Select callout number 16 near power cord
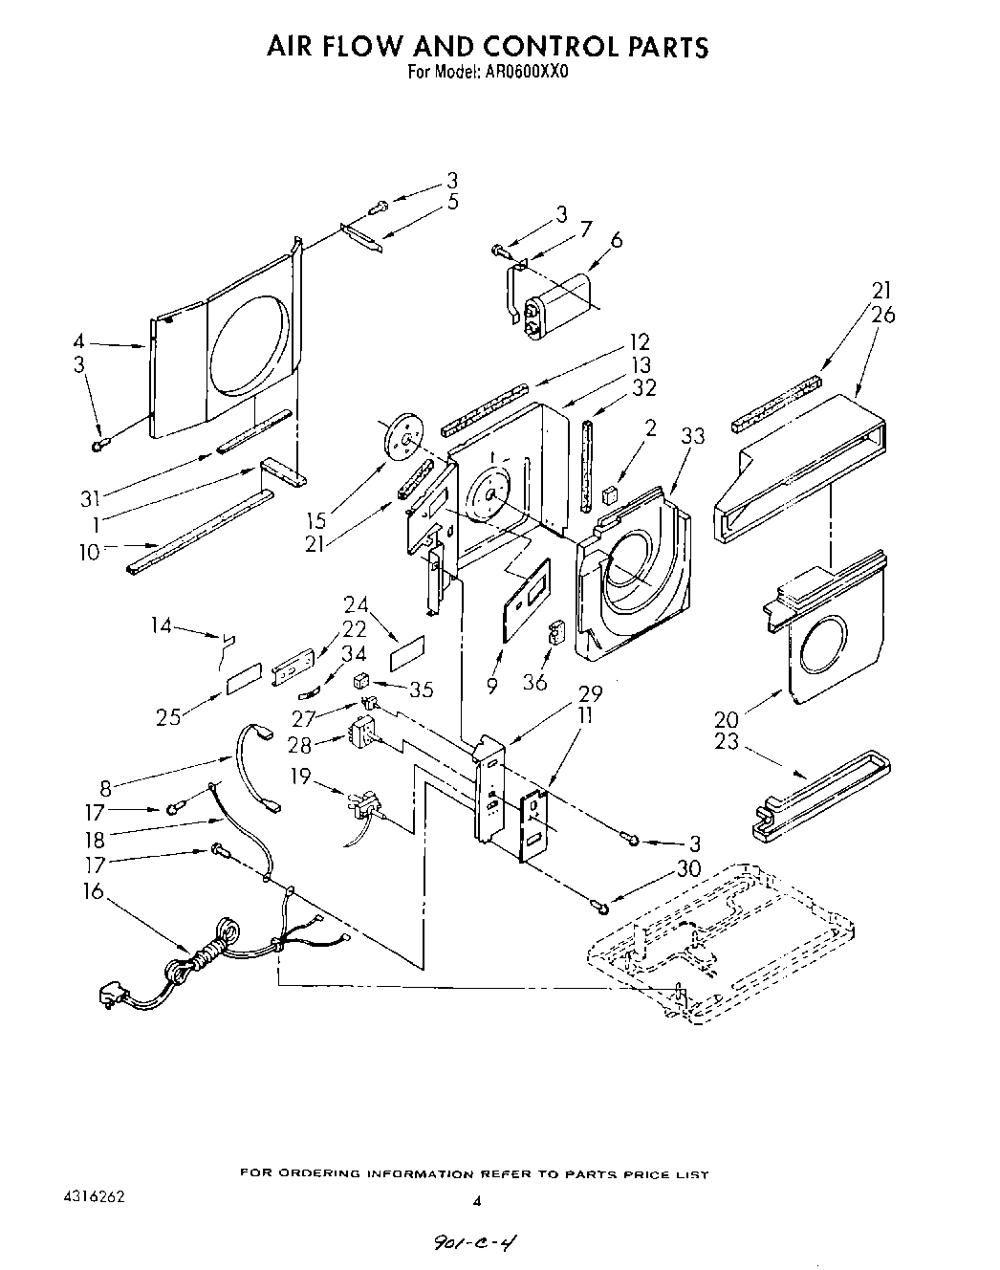[92, 891]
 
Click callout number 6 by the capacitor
[616, 239]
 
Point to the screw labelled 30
[598, 902]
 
